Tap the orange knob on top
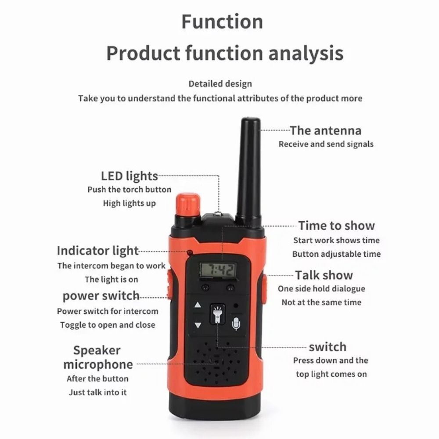[x=188, y=205]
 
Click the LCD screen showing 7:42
[x=218, y=270]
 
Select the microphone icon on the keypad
[x=236, y=323]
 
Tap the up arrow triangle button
[x=198, y=305]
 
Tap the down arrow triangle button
[x=198, y=325]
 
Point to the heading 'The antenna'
[x=326, y=131]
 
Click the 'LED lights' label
[x=130, y=176]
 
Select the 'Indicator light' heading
[x=98, y=251]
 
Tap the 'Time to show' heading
[x=337, y=226]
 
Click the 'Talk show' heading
[x=324, y=275]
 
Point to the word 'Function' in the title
[x=222, y=22]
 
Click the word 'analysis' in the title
[x=306, y=53]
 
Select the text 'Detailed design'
[x=220, y=84]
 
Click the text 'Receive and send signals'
[x=326, y=144]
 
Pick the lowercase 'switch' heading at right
[x=327, y=347]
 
